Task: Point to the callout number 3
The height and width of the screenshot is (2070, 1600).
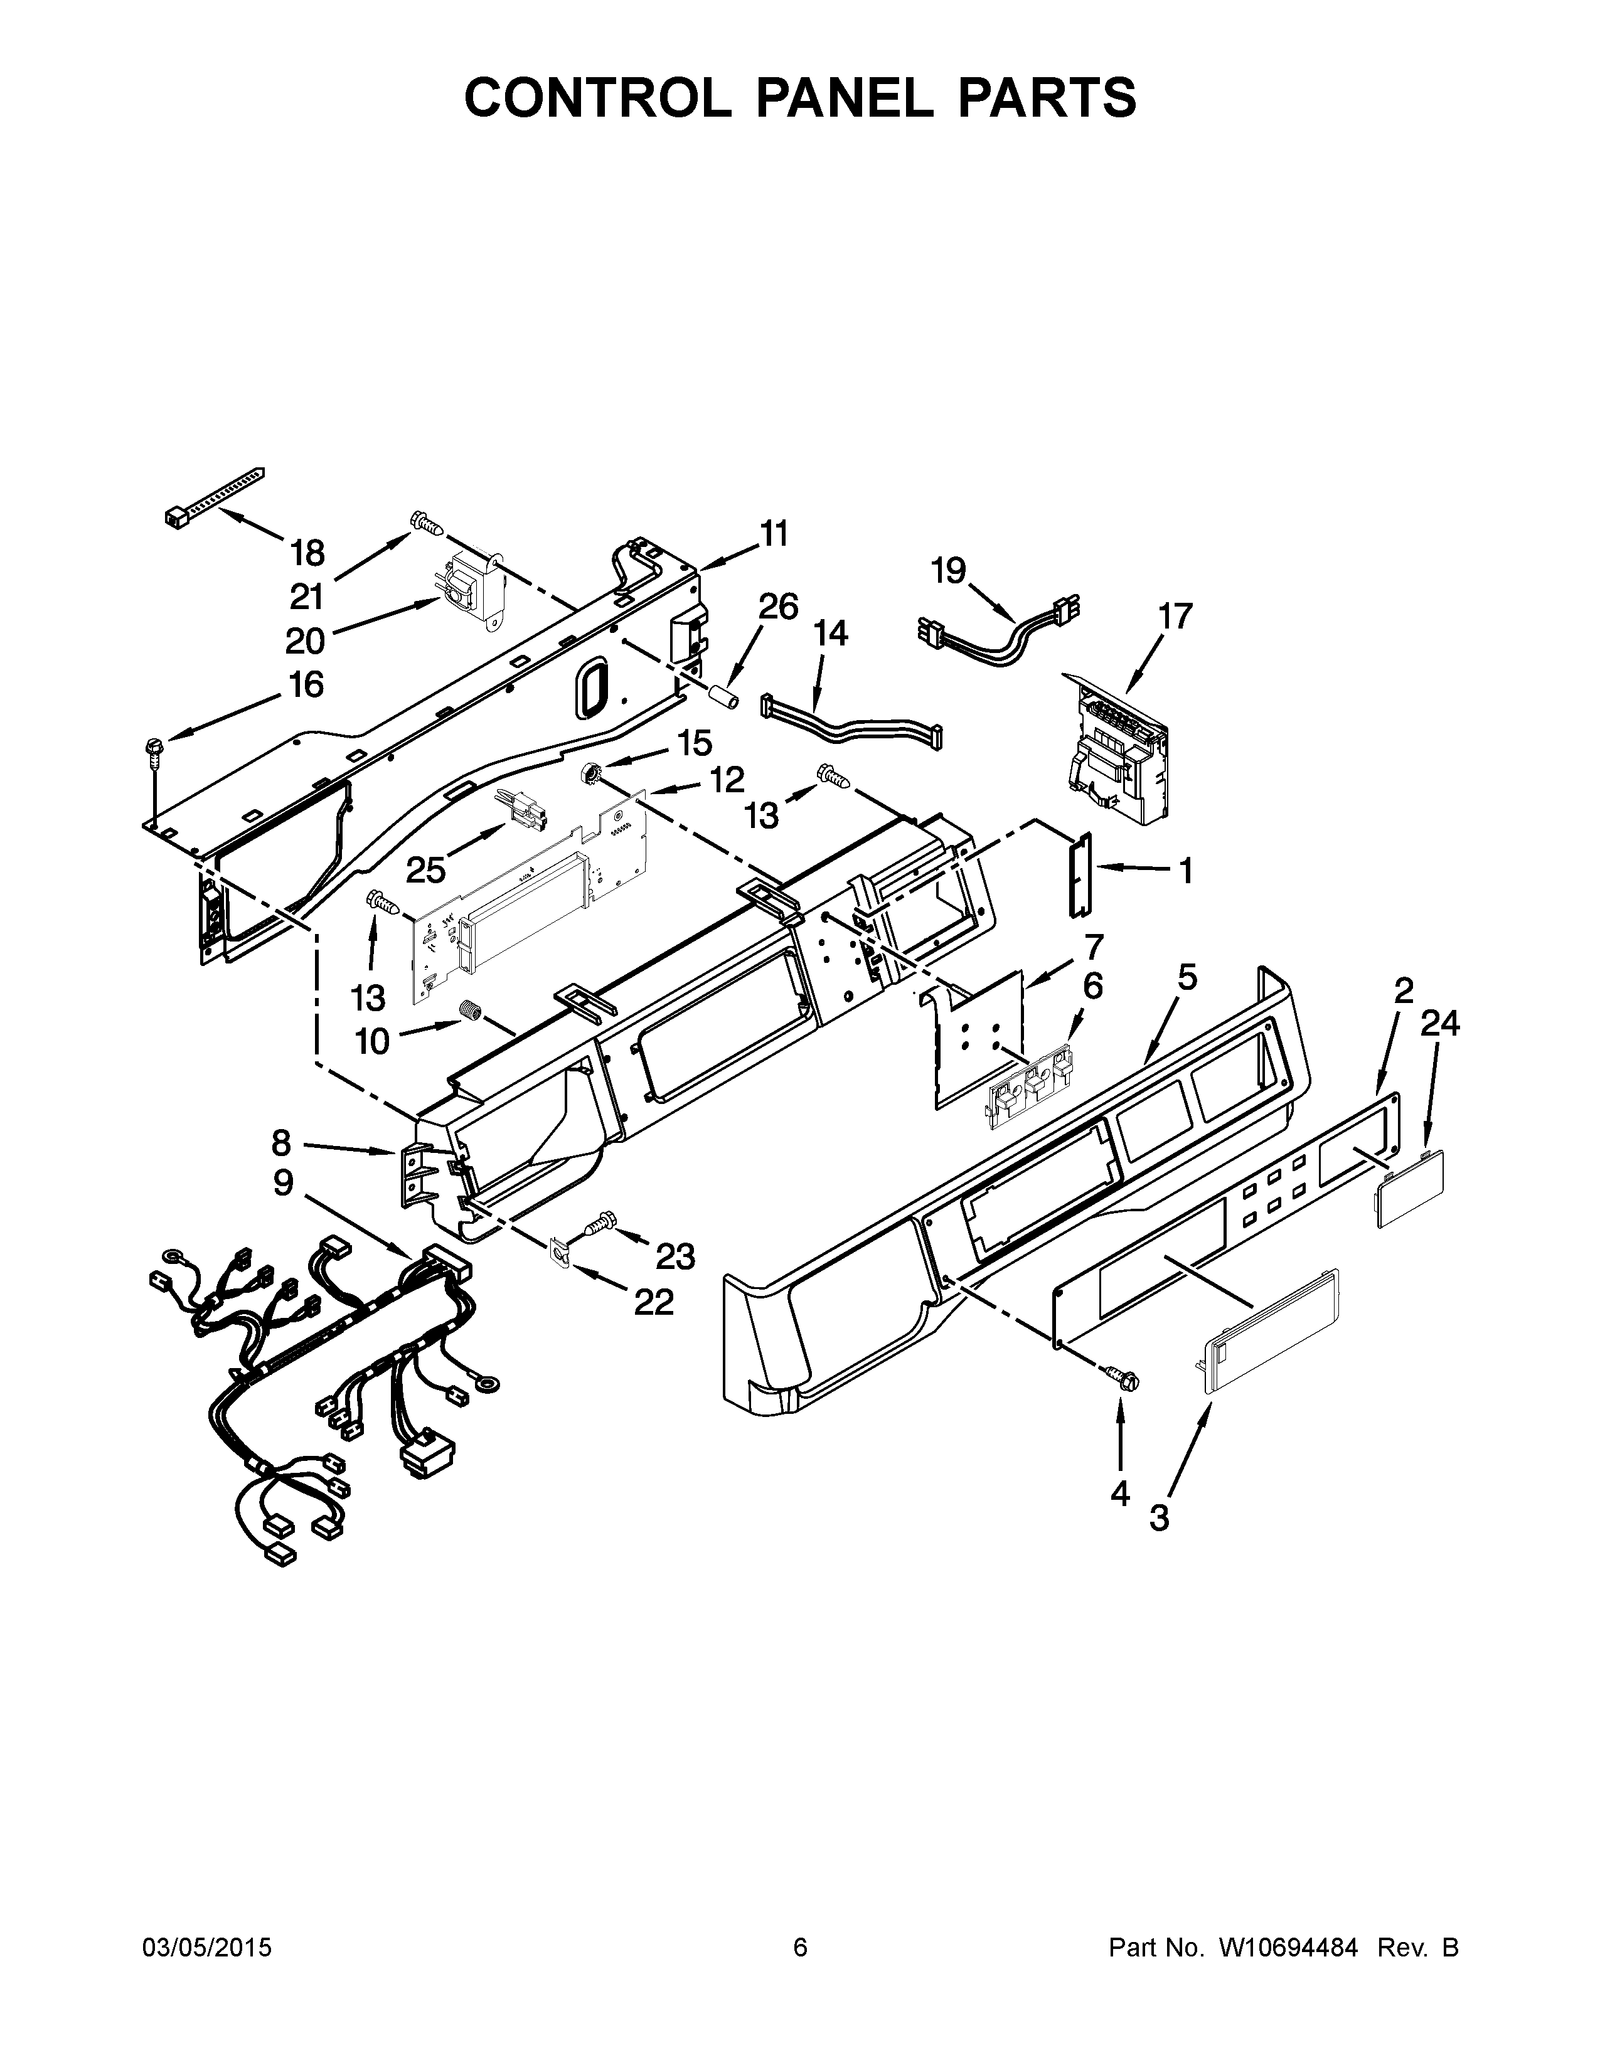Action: click(x=1158, y=1517)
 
